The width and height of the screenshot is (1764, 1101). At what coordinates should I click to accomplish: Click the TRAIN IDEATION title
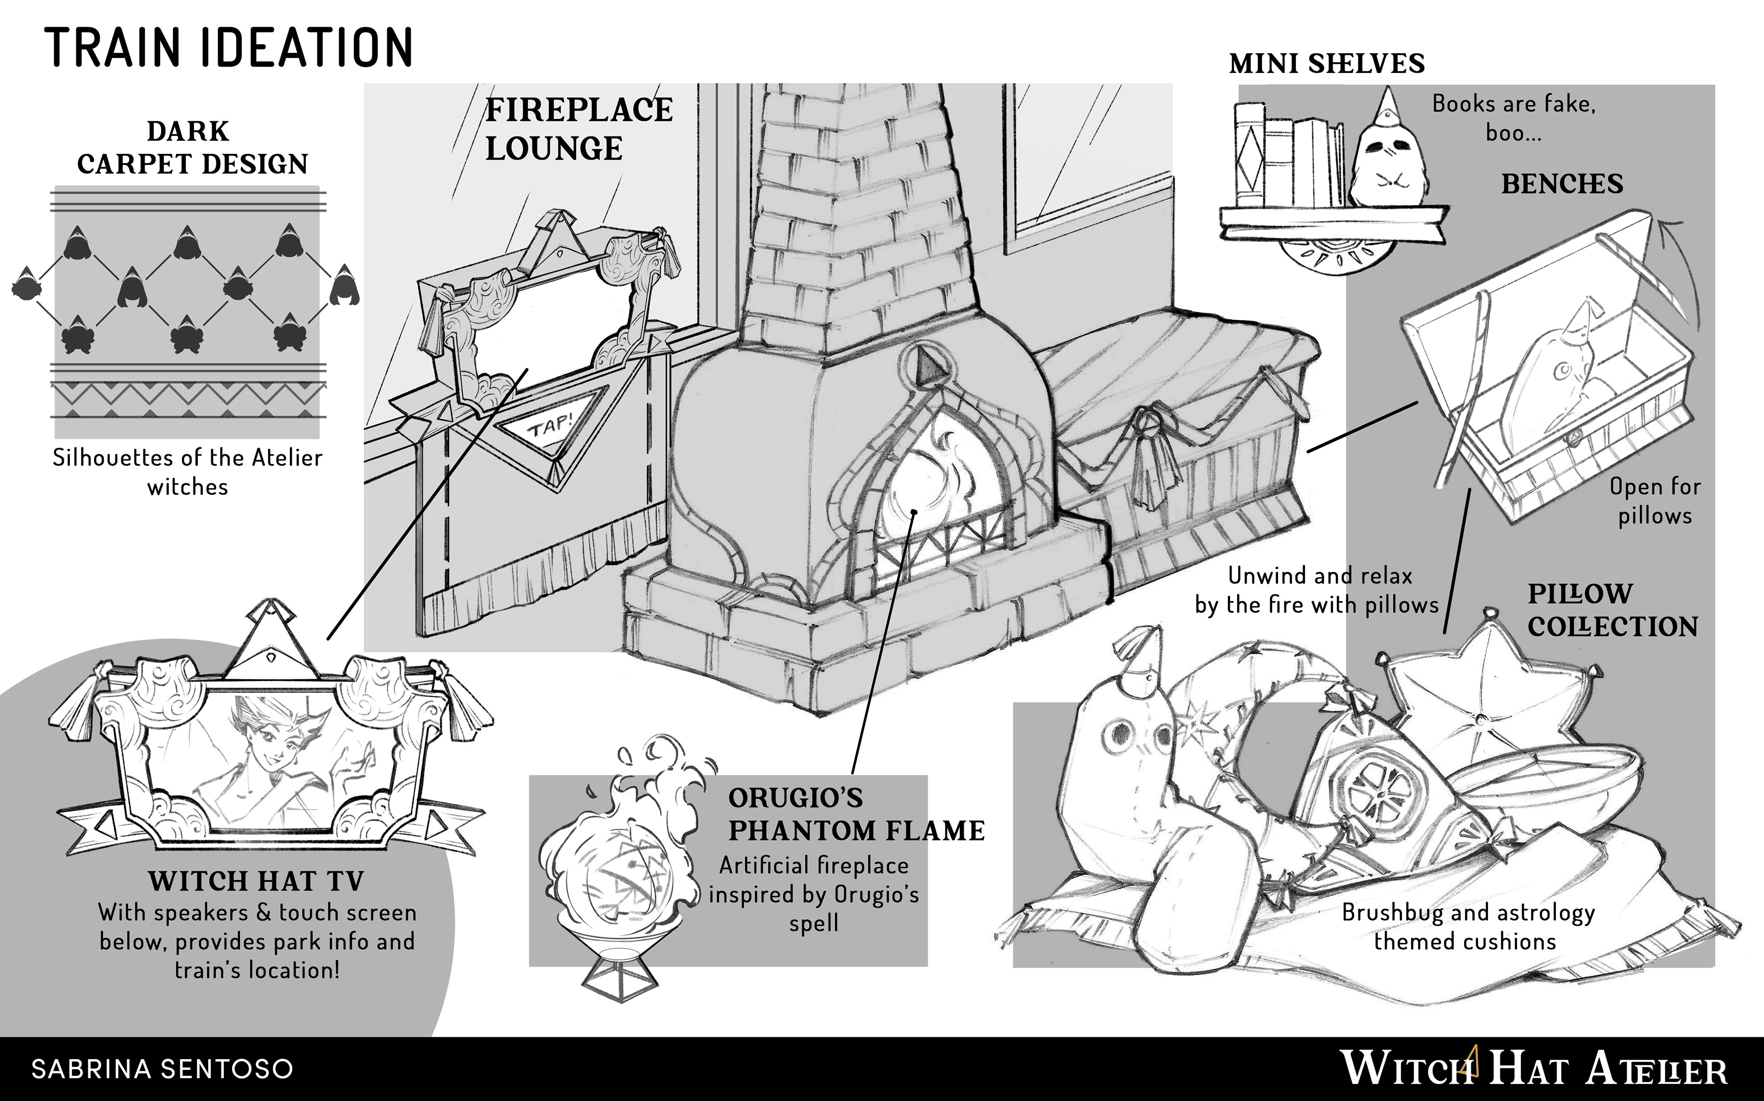(x=229, y=48)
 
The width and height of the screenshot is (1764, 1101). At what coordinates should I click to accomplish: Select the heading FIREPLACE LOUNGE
(x=579, y=130)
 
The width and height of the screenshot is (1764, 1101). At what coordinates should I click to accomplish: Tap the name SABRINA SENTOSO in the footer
(x=162, y=1068)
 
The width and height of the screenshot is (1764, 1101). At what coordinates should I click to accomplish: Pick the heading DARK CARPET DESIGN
(x=192, y=148)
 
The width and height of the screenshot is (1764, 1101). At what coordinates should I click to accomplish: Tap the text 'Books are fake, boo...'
(x=1514, y=118)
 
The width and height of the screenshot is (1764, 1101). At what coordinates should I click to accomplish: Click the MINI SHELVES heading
(x=1327, y=64)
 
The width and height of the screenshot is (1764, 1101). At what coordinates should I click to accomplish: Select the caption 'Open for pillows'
(x=1654, y=501)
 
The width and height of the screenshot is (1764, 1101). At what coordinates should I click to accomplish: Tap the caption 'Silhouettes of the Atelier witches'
(x=188, y=472)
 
